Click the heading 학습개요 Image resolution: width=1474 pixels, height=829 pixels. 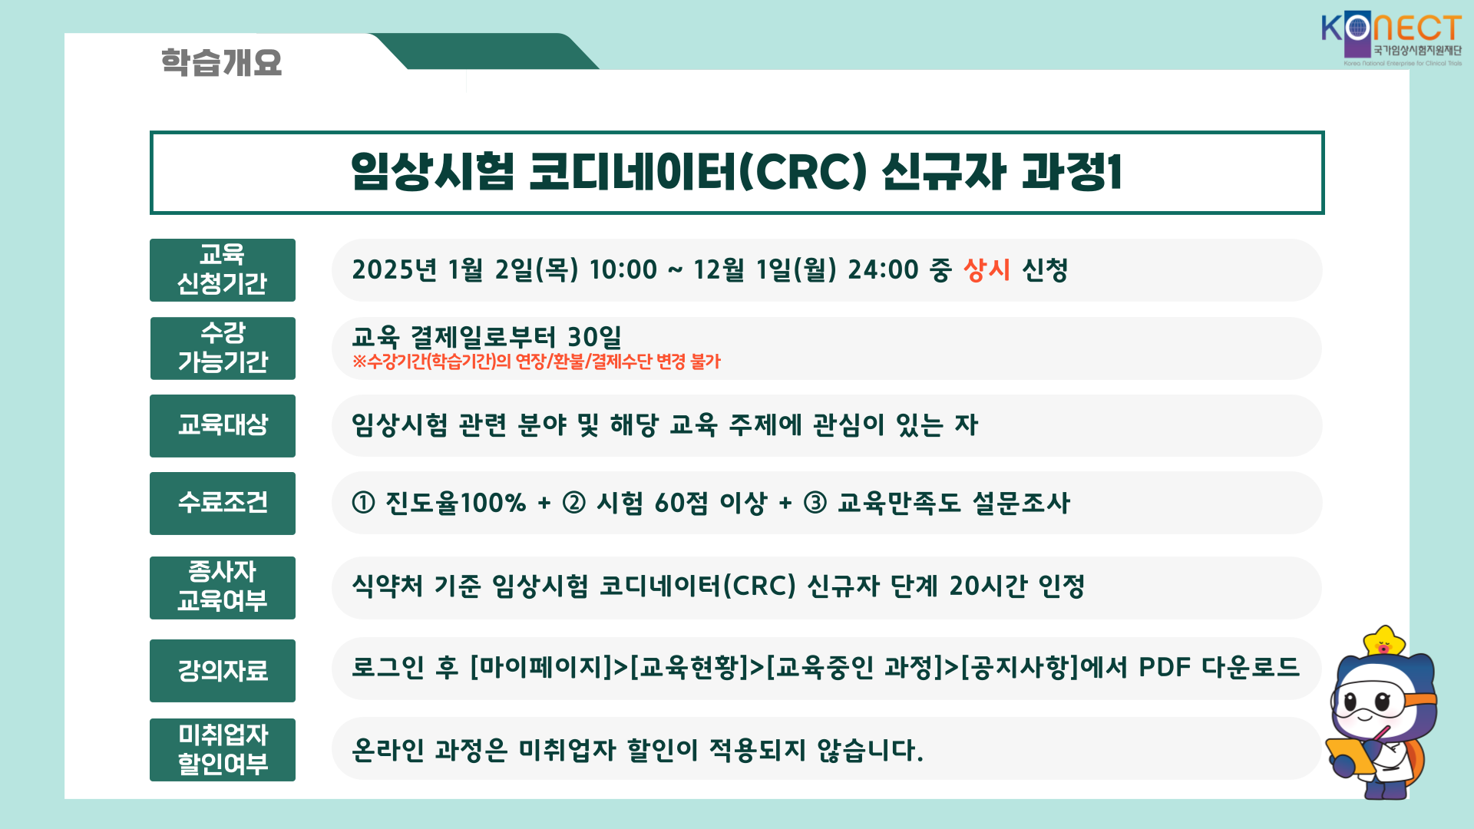(221, 62)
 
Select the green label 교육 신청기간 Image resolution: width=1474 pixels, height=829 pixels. (223, 270)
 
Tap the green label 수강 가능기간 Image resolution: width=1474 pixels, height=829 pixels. (223, 348)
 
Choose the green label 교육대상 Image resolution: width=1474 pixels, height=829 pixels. (223, 426)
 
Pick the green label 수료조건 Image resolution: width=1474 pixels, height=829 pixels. (223, 504)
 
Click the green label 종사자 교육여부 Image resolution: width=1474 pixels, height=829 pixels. (223, 588)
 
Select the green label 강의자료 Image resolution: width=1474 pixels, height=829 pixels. (223, 671)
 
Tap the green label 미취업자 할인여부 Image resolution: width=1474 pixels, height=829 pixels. (223, 750)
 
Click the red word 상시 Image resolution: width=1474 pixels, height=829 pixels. (987, 270)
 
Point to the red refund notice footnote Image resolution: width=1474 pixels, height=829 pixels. (537, 362)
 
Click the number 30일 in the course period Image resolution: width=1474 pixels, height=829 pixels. (594, 337)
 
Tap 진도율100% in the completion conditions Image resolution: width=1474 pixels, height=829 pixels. (455, 504)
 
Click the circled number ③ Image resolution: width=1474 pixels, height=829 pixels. (815, 504)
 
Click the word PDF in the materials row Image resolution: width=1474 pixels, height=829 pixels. (1165, 667)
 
